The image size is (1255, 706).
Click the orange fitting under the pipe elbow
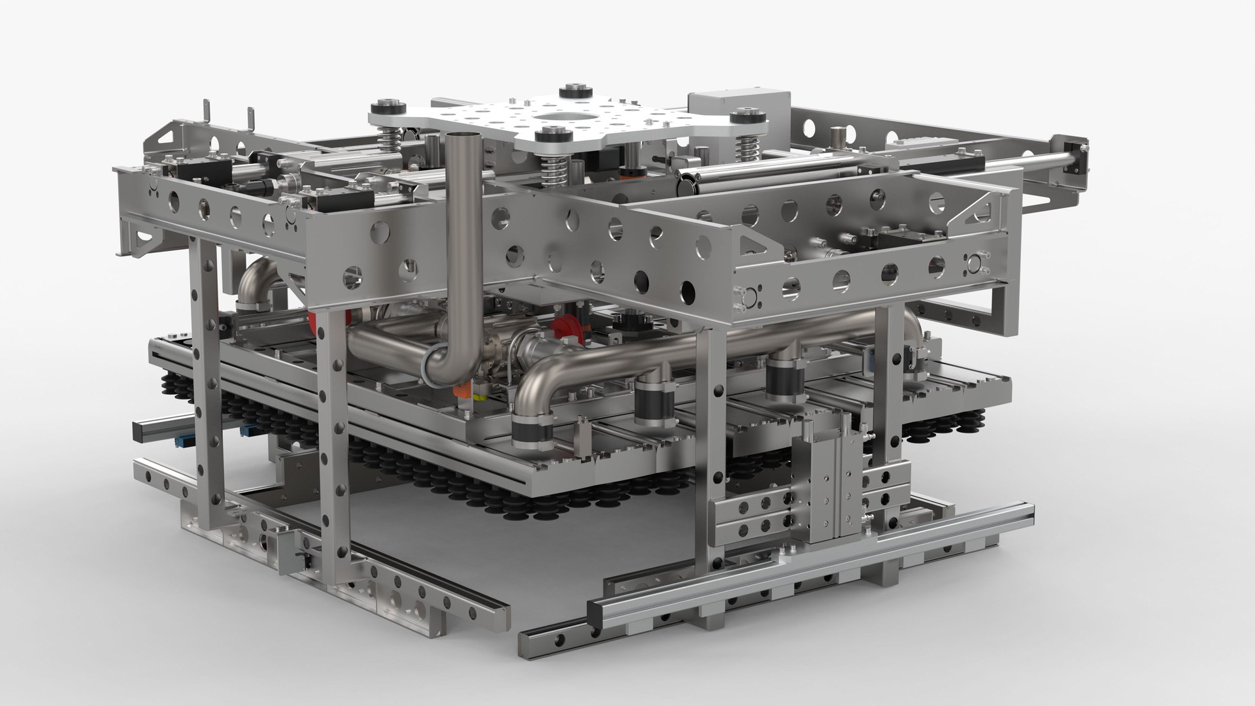[x=461, y=390]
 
